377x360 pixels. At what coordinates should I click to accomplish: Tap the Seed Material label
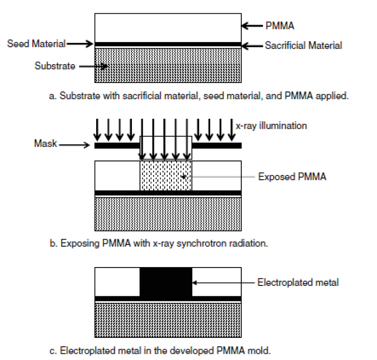36,44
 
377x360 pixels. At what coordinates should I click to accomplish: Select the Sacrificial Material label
303,46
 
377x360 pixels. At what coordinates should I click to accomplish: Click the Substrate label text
55,66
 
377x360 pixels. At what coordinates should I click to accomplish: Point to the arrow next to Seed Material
80,44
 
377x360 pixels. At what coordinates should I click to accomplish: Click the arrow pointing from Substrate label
94,67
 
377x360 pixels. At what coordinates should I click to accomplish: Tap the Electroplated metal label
298,283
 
